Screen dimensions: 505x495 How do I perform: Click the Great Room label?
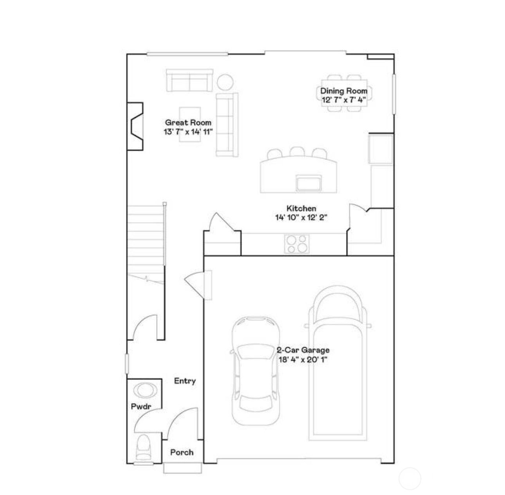[188, 123]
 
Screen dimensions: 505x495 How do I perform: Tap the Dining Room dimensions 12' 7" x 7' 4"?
[344, 100]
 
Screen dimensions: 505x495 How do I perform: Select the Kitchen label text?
[301, 208]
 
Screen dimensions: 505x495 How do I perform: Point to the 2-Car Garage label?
[303, 350]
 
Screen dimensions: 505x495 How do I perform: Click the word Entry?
[185, 381]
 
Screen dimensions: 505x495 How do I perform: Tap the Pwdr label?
[141, 406]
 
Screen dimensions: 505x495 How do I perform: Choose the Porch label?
[182, 452]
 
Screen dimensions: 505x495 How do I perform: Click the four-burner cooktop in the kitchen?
[297, 244]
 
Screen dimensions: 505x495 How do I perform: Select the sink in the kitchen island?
[308, 183]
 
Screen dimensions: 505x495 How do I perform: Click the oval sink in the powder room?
[146, 390]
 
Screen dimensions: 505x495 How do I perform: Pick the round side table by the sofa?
[225, 82]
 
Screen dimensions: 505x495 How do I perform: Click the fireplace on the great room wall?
[135, 126]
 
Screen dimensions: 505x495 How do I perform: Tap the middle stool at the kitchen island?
[297, 152]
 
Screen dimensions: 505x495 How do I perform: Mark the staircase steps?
[146, 244]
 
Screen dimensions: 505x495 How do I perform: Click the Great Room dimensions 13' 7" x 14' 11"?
[188, 132]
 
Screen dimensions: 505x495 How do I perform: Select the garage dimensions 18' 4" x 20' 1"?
[303, 360]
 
